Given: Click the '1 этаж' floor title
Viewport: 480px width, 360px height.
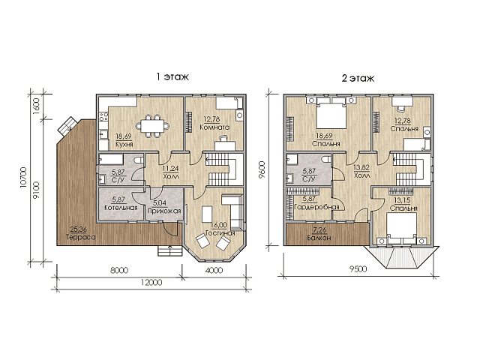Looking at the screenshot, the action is click(x=172, y=76).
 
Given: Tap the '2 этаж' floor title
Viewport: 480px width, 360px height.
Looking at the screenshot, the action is click(x=358, y=78).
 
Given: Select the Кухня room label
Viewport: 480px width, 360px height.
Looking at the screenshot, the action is click(x=124, y=144).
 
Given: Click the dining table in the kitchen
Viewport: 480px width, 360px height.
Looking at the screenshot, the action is click(x=152, y=125).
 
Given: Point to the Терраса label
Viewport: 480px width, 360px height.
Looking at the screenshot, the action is click(x=80, y=237).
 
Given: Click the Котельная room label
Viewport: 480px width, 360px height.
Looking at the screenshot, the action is click(x=121, y=208).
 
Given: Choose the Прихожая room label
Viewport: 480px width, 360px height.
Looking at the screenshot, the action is click(x=164, y=211).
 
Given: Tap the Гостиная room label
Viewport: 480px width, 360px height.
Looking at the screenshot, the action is click(x=220, y=233).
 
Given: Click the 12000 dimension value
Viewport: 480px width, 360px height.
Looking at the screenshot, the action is click(x=151, y=282).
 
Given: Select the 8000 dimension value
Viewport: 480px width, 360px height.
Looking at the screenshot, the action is click(x=118, y=270).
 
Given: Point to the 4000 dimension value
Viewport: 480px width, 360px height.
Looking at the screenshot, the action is click(x=214, y=270).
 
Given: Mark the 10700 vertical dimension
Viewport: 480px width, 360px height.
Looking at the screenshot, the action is click(x=23, y=178).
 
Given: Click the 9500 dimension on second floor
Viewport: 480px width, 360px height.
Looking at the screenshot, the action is click(x=358, y=269).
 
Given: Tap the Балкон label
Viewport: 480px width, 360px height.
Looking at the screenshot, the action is click(x=319, y=238).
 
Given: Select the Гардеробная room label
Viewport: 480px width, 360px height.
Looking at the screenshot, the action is click(x=316, y=207).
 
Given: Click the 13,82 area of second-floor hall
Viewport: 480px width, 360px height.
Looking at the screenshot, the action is click(x=361, y=167).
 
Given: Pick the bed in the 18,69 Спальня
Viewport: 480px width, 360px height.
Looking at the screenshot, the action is click(x=331, y=115).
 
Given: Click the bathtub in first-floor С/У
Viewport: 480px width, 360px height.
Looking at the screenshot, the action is click(x=111, y=160).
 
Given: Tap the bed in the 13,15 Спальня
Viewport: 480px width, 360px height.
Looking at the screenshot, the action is click(x=401, y=226).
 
